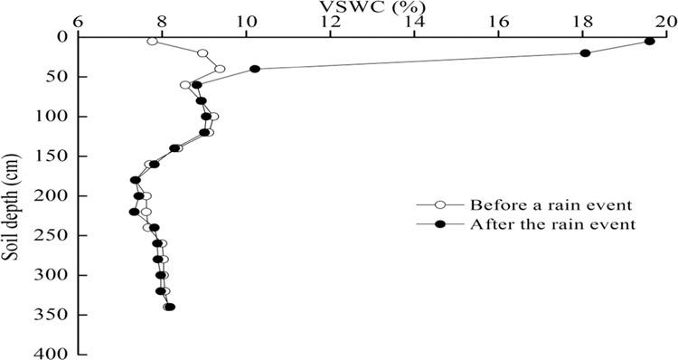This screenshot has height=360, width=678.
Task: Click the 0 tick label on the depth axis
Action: point(62,37)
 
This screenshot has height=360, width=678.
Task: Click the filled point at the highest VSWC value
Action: point(649,42)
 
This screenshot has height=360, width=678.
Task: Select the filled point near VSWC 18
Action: point(585,53)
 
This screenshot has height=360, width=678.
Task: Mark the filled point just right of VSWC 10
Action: point(255,69)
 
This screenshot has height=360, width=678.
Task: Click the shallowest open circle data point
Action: point(152,42)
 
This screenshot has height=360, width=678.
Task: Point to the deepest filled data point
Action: point(170,308)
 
